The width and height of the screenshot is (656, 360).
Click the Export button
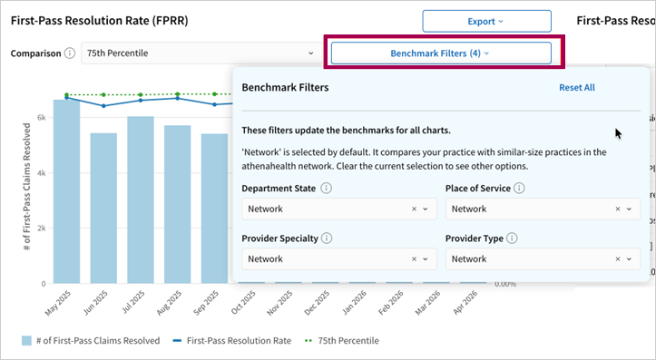[x=486, y=22]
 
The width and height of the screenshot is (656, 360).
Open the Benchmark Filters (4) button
[x=441, y=54]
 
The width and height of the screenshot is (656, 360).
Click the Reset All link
[x=577, y=87]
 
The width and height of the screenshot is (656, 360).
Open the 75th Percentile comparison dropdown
[x=201, y=54]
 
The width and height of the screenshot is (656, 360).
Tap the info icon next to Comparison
[x=70, y=54]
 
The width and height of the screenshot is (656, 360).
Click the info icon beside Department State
[x=327, y=188]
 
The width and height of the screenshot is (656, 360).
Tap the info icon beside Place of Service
[x=519, y=188]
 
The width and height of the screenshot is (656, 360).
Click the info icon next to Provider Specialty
[x=327, y=238]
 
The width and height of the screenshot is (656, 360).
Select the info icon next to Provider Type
[x=512, y=238]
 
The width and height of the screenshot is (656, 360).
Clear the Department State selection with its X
[x=414, y=209]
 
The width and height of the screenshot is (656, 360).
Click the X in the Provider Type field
[x=618, y=259]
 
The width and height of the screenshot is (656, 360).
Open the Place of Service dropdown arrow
[x=629, y=209]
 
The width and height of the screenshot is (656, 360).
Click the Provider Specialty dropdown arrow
[x=426, y=259]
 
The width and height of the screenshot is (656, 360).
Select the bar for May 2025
[x=66, y=191]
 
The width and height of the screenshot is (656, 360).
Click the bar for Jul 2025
[x=141, y=199]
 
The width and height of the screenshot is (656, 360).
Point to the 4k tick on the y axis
[x=42, y=173]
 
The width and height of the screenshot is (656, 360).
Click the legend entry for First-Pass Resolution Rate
[x=232, y=341]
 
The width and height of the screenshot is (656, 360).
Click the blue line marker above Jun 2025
[x=103, y=106]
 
